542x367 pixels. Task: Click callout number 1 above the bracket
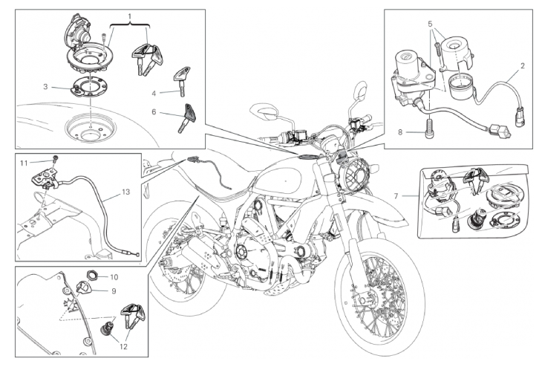pyautogui.click(x=130, y=16)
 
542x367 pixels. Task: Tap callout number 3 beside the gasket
pyautogui.click(x=45, y=87)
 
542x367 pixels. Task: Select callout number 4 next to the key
pyautogui.click(x=154, y=94)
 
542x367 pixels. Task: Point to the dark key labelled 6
pyautogui.click(x=186, y=117)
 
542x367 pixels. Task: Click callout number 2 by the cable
pyautogui.click(x=522, y=65)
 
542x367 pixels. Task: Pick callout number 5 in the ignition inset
pyautogui.click(x=431, y=24)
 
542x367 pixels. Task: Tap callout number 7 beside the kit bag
pyautogui.click(x=396, y=196)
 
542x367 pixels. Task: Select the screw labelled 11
pyautogui.click(x=55, y=160)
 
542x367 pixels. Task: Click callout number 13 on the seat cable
pyautogui.click(x=126, y=192)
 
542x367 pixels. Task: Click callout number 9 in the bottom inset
pyautogui.click(x=114, y=291)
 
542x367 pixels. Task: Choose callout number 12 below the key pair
pyautogui.click(x=123, y=346)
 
